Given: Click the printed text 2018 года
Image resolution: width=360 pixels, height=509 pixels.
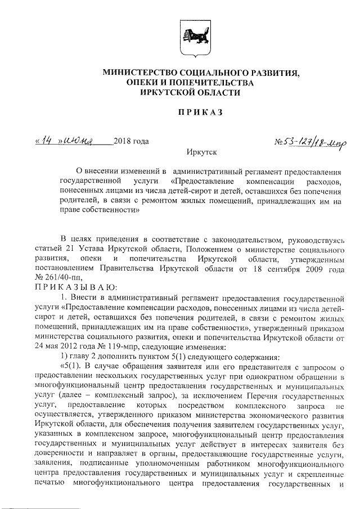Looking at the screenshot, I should coord(131,141).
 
